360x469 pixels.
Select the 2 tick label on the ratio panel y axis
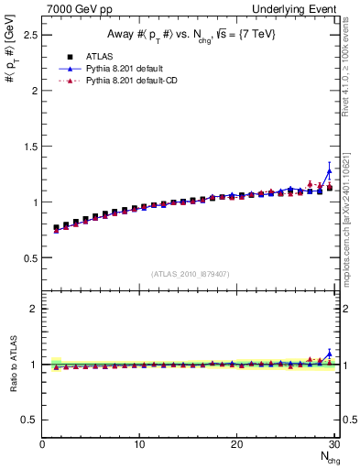coord(34,309)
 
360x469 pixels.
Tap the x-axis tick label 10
coord(139,445)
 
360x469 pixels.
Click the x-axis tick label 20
coord(236,445)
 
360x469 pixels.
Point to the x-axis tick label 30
coord(333,445)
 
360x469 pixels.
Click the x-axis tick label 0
coord(42,445)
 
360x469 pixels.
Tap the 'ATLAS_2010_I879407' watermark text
coord(190,274)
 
